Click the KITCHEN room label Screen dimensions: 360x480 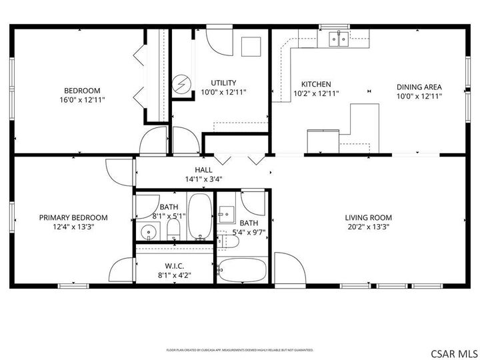pos(316,84)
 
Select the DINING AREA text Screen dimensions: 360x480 pos(419,87)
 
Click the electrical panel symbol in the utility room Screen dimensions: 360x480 pos(181,83)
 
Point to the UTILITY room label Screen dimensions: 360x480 pos(223,83)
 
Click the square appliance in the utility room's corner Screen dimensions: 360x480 pos(251,47)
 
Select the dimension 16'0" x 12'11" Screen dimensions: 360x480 pos(82,100)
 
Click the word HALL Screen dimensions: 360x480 pos(203,170)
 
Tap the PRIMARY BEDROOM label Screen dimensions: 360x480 pos(73,217)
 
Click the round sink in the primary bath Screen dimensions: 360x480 pos(148,231)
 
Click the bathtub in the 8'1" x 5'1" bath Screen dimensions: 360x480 pos(199,216)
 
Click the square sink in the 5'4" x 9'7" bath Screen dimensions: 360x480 pos(227,214)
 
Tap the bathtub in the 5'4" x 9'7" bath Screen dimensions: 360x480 pos(242,270)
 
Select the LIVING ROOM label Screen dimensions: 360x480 pos(368,217)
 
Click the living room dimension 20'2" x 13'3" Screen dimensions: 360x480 pos(368,227)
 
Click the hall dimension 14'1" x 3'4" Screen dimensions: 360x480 pos(203,179)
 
